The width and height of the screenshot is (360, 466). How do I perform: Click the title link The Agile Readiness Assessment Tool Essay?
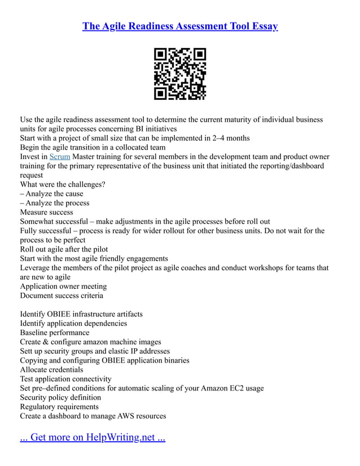pyautogui.click(x=180, y=27)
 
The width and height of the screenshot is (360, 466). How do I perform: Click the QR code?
pyautogui.click(x=180, y=74)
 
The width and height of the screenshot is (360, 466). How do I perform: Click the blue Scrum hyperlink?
pyautogui.click(x=60, y=157)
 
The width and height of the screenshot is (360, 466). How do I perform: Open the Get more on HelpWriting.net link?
pyautogui.click(x=93, y=437)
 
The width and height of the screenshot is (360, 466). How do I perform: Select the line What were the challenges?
pyautogui.click(x=63, y=184)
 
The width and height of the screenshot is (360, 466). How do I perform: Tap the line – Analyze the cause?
pyautogui.click(x=52, y=194)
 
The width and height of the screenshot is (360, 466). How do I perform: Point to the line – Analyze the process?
pyautogui.click(x=55, y=203)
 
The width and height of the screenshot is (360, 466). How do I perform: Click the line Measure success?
pyautogui.click(x=47, y=212)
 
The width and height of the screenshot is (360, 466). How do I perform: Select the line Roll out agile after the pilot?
pyautogui.click(x=64, y=249)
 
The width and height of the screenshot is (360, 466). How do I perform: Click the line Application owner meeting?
pyautogui.click(x=63, y=286)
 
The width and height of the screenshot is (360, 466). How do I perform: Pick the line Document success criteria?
pyautogui.click(x=62, y=296)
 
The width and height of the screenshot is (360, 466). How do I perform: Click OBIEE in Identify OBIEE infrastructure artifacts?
pyautogui.click(x=62, y=314)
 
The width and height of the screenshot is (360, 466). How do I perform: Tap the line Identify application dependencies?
pyautogui.click(x=73, y=323)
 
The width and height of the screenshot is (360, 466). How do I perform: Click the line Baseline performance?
pyautogui.click(x=55, y=333)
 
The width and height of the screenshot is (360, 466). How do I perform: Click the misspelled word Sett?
pyautogui.click(x=27, y=351)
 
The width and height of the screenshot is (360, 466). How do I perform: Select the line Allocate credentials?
pyautogui.click(x=52, y=370)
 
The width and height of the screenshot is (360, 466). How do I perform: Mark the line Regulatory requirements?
pyautogui.click(x=59, y=407)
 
